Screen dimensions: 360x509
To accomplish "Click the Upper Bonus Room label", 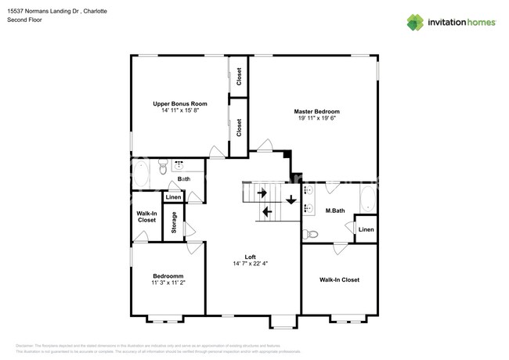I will click(179, 104).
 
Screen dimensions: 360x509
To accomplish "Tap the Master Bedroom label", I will click(316, 111).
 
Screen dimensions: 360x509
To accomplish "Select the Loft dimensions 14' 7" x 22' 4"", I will click(250, 265).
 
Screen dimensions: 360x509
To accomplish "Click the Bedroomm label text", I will click(168, 276).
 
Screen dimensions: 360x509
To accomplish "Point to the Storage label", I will click(174, 221).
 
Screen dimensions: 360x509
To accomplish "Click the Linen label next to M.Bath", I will click(366, 229).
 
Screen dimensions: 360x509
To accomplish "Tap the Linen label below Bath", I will click(173, 197).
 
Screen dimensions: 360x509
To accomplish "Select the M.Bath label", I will click(335, 211).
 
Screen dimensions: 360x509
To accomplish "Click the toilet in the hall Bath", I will click(162, 166).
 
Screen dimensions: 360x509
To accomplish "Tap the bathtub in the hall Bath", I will click(140, 173).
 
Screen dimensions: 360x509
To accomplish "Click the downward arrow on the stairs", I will click(291, 200).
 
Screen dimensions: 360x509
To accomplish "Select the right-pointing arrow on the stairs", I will click(262, 192).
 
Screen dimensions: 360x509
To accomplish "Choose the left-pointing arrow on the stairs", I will click(267, 211).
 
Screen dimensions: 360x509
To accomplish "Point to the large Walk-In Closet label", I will click(339, 279).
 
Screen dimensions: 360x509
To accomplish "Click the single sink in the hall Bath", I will click(179, 165).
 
